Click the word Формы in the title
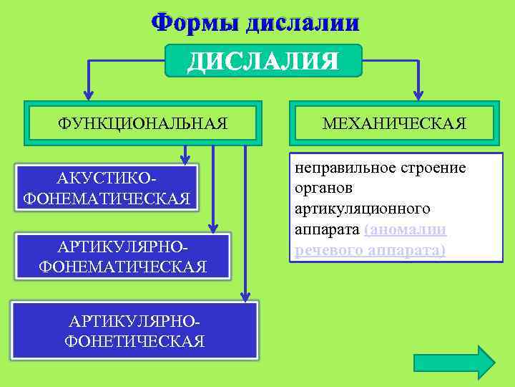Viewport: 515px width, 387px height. coord(194,22)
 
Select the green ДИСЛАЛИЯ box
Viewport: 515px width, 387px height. coord(263,60)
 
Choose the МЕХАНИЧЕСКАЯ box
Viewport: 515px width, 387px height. coord(394,123)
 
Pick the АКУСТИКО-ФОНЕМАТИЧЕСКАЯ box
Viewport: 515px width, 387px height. coord(107,188)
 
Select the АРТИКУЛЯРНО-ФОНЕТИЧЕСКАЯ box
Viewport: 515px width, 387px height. coord(134,331)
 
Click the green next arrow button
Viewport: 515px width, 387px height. coord(454,362)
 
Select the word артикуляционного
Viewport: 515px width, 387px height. coord(362,209)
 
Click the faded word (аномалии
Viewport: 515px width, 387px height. coord(406,229)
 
